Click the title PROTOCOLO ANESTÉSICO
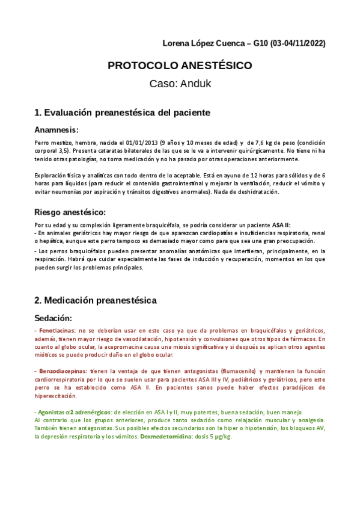[180, 66]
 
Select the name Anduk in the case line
[195, 84]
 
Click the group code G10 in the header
[260, 44]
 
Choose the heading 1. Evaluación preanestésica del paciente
[122, 112]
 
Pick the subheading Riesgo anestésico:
[70, 212]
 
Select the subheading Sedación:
[53, 317]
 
